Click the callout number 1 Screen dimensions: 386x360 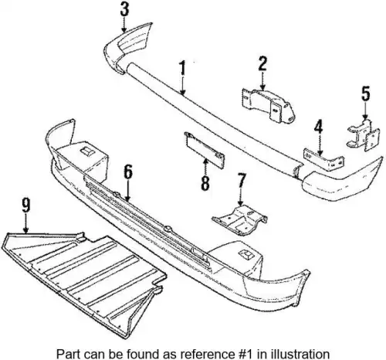[x=182, y=68]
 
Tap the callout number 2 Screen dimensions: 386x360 [x=262, y=63]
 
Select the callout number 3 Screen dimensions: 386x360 [x=124, y=9]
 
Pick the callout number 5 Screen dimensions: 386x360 [x=365, y=93]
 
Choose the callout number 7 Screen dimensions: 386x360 [x=241, y=182]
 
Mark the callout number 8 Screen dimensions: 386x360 [x=205, y=183]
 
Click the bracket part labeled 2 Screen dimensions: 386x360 [x=268, y=107]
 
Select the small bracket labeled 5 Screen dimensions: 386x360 [x=363, y=134]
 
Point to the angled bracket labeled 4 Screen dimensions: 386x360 [x=323, y=160]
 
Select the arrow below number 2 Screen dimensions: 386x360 [x=262, y=81]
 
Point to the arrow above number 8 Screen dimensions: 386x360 [x=205, y=167]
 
